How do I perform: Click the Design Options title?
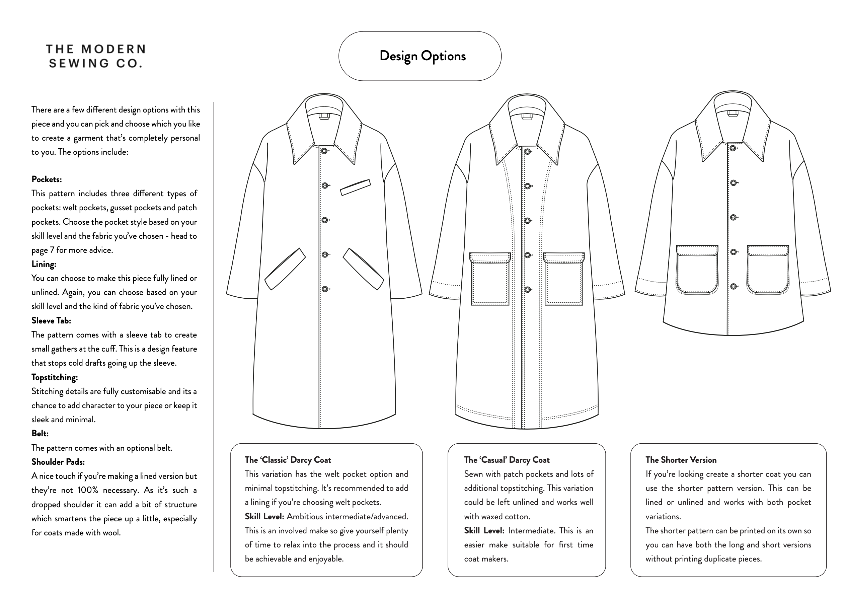coord(422,56)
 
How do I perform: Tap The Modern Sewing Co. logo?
coord(96,56)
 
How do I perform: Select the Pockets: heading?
coord(47,179)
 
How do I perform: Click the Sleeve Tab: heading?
coord(51,321)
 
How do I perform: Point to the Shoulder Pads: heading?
coord(58,462)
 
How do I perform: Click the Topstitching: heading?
coord(55,377)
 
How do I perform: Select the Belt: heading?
coord(40,434)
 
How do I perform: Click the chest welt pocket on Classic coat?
coord(355,188)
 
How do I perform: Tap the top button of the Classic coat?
coord(324,151)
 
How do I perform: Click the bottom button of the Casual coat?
coord(527,290)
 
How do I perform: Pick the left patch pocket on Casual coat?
coord(490,279)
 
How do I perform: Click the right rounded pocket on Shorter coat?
coord(768,270)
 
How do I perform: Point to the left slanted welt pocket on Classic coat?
coord(285,269)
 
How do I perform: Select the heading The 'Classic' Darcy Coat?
coord(288,460)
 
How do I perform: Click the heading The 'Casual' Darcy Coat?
coord(507,460)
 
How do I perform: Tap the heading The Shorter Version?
coord(681,460)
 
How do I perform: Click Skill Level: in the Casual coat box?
coord(483,531)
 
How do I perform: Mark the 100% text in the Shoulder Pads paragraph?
coord(88,490)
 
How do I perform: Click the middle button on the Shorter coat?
coord(733,218)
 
